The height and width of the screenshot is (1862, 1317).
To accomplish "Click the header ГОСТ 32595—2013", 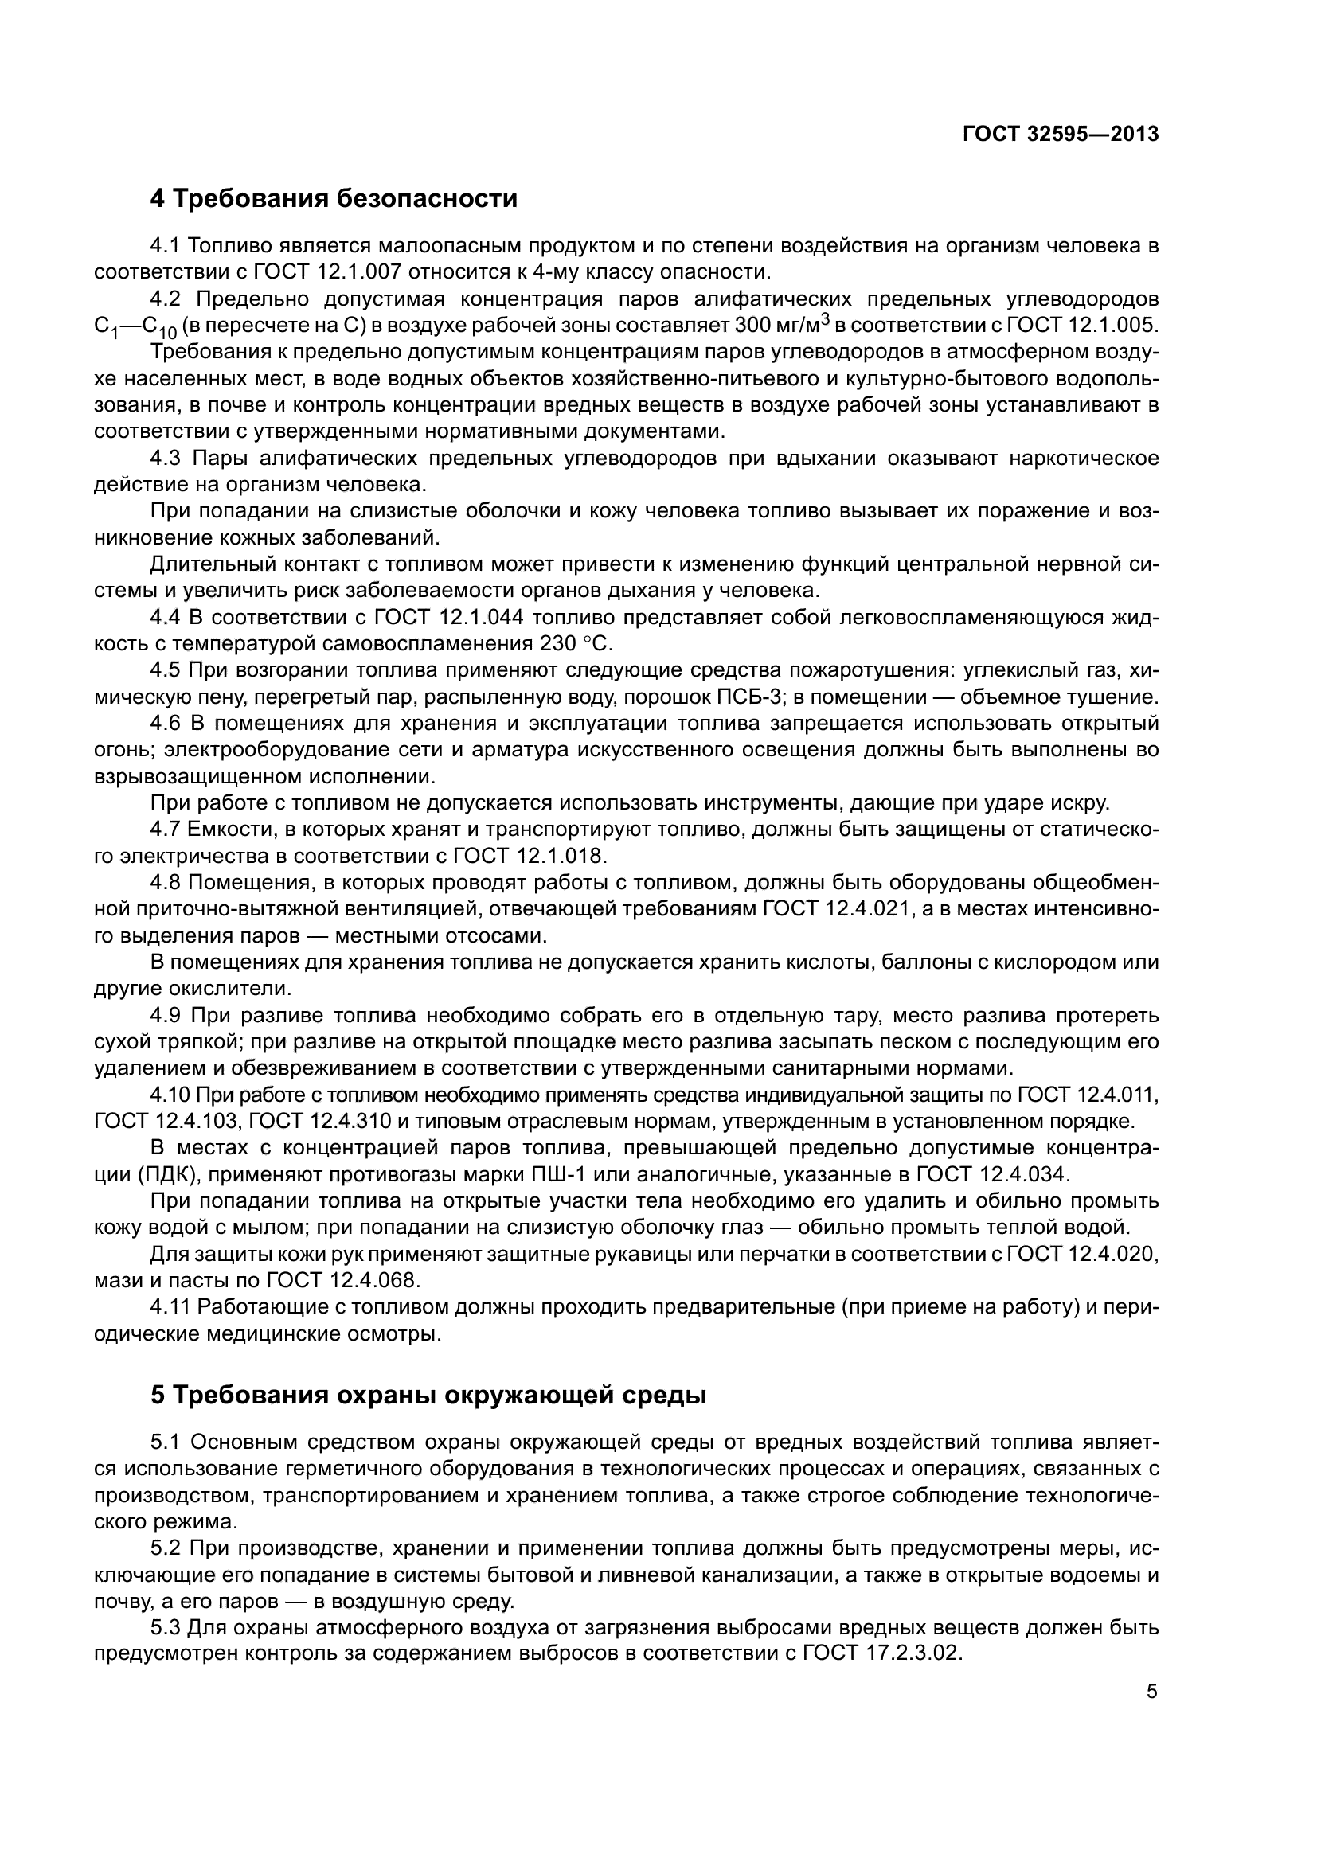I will point(1060,135).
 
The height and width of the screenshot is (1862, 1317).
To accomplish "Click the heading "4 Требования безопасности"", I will point(334,199).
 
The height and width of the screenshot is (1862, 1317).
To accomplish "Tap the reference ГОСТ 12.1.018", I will point(529,856).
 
